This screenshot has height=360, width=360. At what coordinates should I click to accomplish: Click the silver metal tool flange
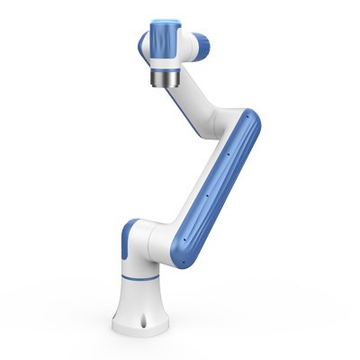point(166,84)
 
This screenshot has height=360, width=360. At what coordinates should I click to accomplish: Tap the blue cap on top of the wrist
point(166,31)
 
